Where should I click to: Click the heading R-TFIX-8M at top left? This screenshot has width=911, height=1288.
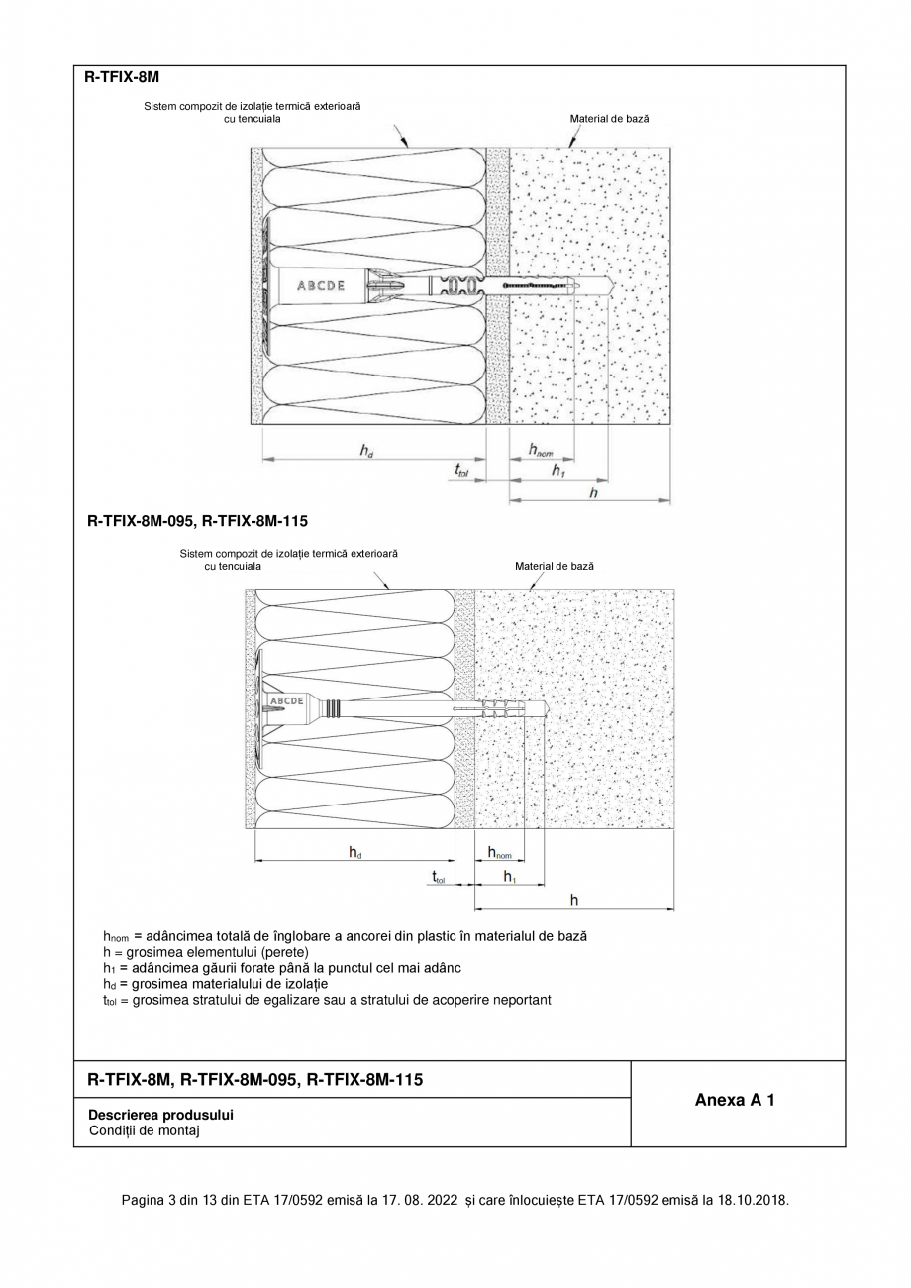pos(123,77)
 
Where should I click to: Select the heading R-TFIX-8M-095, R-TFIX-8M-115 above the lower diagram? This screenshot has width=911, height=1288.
pos(198,520)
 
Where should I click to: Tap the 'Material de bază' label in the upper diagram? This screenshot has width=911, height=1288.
pos(609,119)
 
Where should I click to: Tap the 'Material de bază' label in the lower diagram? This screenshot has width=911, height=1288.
pos(555,566)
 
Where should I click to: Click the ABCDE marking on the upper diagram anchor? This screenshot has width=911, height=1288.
pos(321,286)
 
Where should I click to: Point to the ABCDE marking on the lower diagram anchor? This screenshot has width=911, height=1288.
pos(286,701)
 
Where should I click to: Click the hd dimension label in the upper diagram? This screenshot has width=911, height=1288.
pos(366,451)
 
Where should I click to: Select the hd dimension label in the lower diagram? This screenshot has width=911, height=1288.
pos(354,852)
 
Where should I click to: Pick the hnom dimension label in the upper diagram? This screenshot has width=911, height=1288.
pos(540,451)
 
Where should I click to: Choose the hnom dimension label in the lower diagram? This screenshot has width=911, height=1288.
pos(499,852)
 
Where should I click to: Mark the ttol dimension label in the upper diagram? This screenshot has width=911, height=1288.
pos(462,471)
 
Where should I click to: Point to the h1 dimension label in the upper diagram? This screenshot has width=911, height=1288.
pos(558,471)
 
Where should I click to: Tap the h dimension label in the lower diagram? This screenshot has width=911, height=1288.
pos(573,900)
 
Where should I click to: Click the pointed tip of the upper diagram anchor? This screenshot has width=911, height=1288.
pos(614,286)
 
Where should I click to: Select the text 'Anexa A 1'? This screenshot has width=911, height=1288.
pos(735,1100)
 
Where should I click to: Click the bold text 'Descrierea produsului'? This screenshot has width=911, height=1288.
pos(160,1115)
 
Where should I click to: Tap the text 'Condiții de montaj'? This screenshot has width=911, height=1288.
pos(144,1130)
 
